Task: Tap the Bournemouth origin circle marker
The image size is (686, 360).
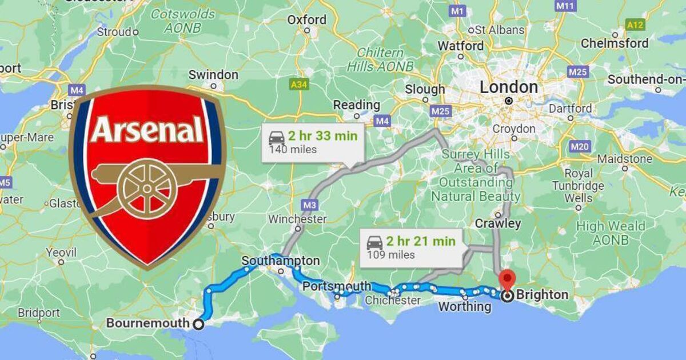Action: click(x=198, y=324)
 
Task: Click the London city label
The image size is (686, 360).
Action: click(x=509, y=87)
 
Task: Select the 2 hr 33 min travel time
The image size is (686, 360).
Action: click(x=322, y=137)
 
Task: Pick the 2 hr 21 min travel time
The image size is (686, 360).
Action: click(x=420, y=241)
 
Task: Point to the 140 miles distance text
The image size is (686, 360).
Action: click(x=293, y=150)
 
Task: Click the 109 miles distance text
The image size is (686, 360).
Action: click(x=391, y=255)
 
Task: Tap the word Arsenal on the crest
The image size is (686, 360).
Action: click(x=147, y=130)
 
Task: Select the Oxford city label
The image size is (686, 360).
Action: click(x=306, y=20)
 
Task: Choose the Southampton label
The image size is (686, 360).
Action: click(x=281, y=261)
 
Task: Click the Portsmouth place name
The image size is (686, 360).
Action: click(x=337, y=286)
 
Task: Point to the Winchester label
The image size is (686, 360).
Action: click(x=297, y=219)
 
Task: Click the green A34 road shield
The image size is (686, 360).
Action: click(x=299, y=85)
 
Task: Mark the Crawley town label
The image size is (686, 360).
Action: click(x=497, y=223)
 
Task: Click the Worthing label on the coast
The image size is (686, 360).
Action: click(x=464, y=307)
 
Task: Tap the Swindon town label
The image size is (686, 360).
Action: click(x=213, y=75)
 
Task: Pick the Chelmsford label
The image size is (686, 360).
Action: click(x=615, y=43)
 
